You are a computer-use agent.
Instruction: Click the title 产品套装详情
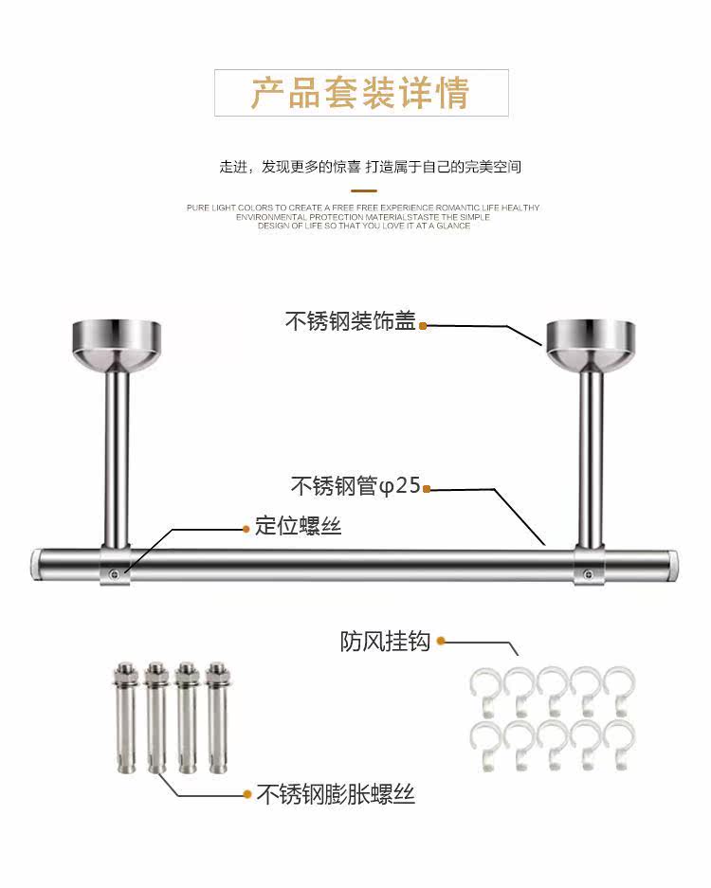360,94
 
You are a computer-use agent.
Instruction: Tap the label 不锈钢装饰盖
350,322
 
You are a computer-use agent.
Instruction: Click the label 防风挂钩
385,642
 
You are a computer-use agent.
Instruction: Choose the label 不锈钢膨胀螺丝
336,793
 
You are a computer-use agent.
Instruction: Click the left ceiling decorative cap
117,341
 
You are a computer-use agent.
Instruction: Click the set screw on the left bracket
114,571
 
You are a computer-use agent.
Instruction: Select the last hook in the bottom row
617,746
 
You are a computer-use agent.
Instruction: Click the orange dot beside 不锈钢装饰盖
424,326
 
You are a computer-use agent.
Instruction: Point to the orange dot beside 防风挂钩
441,642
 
